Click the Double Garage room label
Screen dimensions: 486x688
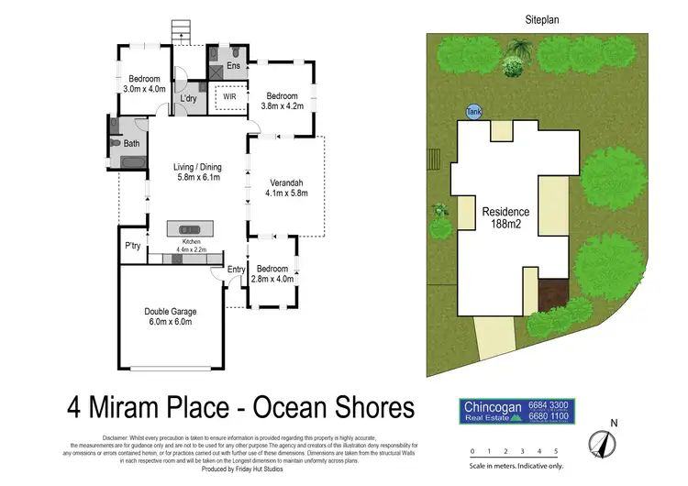170,312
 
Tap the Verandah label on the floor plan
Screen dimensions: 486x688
285,182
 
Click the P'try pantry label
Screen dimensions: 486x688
133,246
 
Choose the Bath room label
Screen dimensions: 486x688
132,144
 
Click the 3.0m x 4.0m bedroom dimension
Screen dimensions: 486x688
144,89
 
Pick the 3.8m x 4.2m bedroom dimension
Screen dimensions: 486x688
282,106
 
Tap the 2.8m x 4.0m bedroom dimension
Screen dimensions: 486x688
273,279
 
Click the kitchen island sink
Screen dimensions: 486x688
188,228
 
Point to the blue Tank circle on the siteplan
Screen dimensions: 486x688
473,111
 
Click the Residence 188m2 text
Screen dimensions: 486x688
505,217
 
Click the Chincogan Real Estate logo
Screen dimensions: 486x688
517,410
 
